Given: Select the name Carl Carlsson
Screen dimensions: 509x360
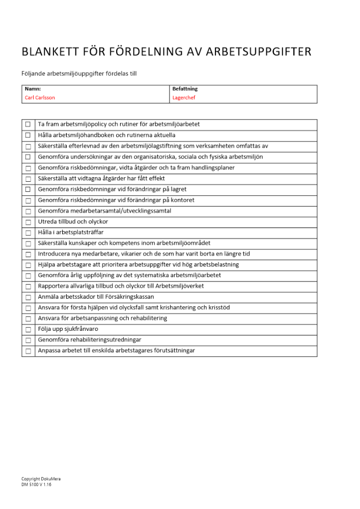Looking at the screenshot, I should point(40,98).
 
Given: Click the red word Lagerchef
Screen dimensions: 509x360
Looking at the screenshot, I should point(184,98).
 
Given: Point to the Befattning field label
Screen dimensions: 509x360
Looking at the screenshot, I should point(185,89).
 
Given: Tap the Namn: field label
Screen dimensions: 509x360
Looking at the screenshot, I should point(33,89).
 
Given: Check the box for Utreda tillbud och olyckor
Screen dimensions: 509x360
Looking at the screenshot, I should point(28,222).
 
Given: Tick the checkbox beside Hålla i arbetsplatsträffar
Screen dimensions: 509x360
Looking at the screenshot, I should point(28,233).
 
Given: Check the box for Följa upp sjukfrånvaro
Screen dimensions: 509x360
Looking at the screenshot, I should point(28,329).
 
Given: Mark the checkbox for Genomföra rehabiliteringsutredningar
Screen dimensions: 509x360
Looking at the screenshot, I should point(28,340).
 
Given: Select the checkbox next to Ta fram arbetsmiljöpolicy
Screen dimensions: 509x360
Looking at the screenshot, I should point(28,124).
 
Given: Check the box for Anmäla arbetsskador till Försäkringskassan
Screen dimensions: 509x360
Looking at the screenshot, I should point(28,297).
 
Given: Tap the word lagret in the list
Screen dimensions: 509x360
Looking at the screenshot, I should point(178,189).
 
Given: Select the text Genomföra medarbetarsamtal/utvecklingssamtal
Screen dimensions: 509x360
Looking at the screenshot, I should point(104,211).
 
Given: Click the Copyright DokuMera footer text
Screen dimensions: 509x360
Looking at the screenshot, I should point(41,479).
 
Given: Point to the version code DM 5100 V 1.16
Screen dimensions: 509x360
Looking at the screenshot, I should point(36,485).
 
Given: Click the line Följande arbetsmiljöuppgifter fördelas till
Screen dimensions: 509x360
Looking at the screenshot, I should point(79,74).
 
